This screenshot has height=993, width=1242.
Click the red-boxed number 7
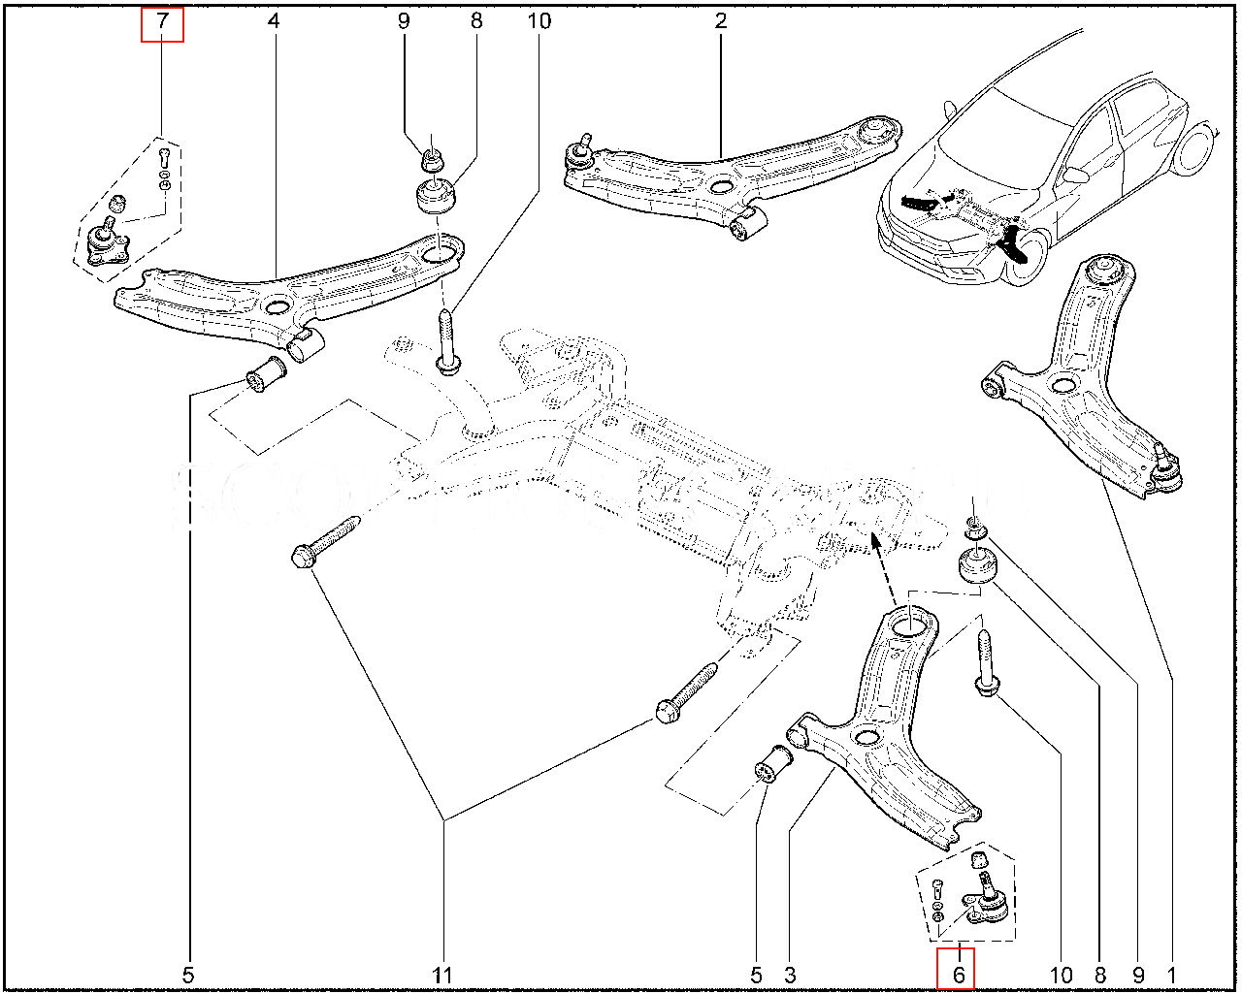(x=162, y=21)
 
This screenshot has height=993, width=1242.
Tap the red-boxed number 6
(x=956, y=971)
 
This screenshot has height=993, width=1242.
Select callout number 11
(x=443, y=974)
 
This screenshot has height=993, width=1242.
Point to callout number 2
(x=721, y=20)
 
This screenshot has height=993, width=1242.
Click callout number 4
(x=275, y=20)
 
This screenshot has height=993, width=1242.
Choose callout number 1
(x=1172, y=974)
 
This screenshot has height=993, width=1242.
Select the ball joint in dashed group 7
(x=105, y=243)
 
